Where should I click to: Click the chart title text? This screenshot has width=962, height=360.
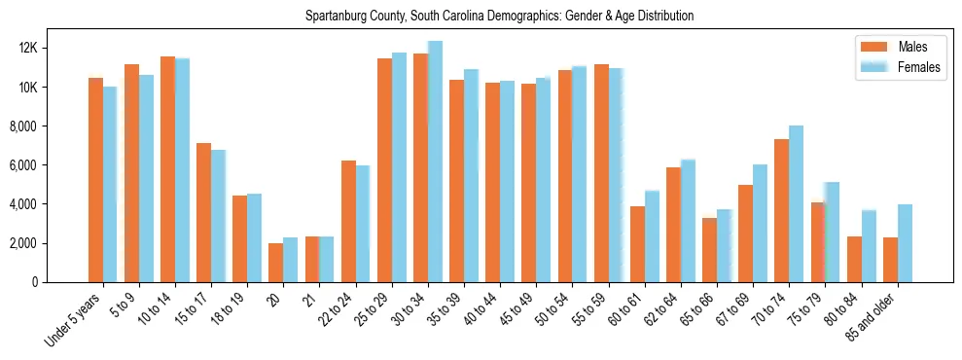[x=499, y=17]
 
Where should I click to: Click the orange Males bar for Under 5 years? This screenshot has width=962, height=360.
[x=95, y=180]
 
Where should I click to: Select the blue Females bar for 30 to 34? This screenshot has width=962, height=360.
[x=435, y=162]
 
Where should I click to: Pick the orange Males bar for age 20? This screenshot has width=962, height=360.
[x=276, y=263]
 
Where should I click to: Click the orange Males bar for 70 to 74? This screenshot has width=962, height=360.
[x=781, y=210]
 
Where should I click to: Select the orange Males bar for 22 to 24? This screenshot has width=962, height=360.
[x=348, y=221]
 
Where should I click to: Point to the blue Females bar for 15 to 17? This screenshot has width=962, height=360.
[x=219, y=216]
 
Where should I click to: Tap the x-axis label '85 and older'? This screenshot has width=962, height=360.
[x=873, y=316]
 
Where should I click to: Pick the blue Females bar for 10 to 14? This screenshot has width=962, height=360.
[x=183, y=170]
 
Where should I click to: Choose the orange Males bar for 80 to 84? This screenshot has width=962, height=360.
[x=854, y=259]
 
